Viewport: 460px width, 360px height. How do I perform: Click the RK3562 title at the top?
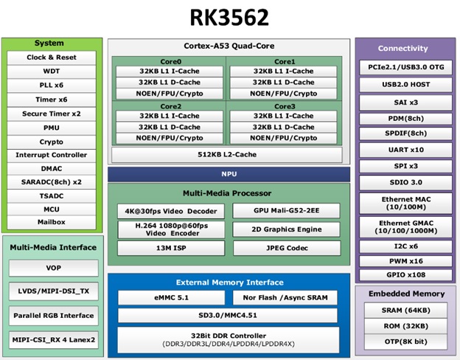[229, 17]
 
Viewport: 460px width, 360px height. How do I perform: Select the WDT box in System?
[52, 72]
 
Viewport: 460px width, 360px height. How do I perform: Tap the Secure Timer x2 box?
[52, 114]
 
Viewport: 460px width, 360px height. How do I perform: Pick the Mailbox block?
[52, 221]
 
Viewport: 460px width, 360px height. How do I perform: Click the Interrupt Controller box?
[52, 155]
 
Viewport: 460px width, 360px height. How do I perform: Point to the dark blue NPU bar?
[229, 175]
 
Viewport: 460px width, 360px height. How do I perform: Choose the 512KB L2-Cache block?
[227, 154]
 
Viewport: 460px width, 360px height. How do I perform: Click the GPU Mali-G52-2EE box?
[287, 210]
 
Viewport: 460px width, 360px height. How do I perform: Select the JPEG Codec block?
[287, 248]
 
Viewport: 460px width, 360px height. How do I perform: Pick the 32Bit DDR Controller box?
[229, 339]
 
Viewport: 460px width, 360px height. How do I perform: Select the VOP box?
[53, 268]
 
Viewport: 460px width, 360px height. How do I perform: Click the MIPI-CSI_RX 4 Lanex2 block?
[53, 339]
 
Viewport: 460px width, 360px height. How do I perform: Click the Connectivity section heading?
[402, 48]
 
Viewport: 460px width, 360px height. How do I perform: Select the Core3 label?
[284, 106]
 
